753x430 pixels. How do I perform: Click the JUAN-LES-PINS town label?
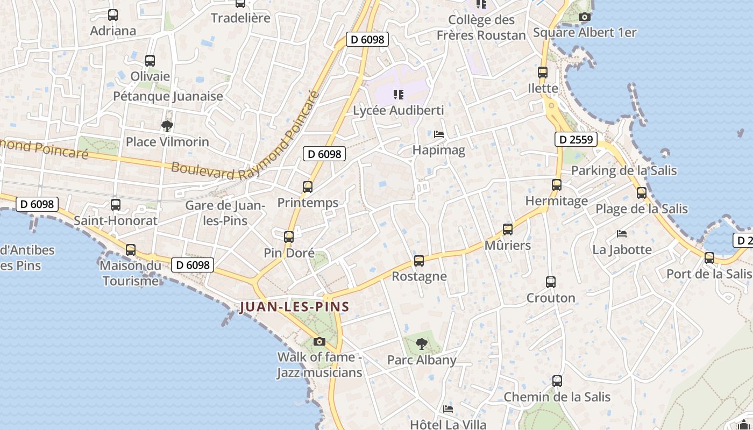tap(294, 307)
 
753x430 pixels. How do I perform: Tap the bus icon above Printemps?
tap(308, 187)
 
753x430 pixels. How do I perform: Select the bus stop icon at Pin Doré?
tap(289, 236)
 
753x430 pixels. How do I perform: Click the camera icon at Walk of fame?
tap(319, 341)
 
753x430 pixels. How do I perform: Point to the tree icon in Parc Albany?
tap(422, 343)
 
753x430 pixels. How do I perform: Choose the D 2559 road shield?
tap(576, 140)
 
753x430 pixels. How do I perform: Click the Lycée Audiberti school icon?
tap(399, 95)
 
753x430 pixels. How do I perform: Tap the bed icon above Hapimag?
tap(439, 134)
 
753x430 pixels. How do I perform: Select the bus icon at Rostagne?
tap(419, 261)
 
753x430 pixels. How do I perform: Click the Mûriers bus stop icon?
tap(508, 230)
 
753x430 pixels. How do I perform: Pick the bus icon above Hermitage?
tap(557, 185)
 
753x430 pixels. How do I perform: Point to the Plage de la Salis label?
tap(642, 209)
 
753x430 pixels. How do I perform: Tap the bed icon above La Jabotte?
tap(622, 234)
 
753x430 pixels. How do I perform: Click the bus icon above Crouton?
tap(551, 282)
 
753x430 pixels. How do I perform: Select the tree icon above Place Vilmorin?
tap(167, 126)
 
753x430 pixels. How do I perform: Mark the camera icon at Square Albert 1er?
tap(585, 17)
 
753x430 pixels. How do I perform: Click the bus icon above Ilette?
tap(543, 72)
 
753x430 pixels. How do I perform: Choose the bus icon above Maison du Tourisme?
tap(131, 249)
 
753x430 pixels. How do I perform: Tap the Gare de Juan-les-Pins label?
tap(224, 213)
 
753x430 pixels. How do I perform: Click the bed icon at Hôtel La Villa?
tap(448, 409)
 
